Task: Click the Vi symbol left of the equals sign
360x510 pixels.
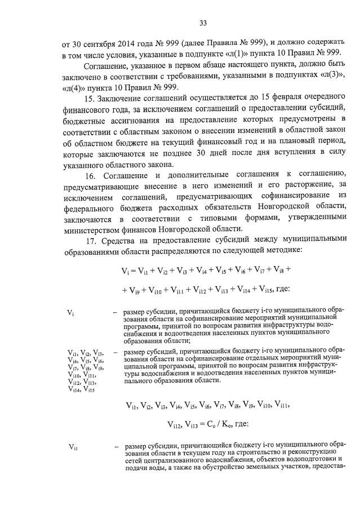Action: click(x=127, y=270)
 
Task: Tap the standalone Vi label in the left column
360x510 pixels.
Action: click(x=70, y=312)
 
